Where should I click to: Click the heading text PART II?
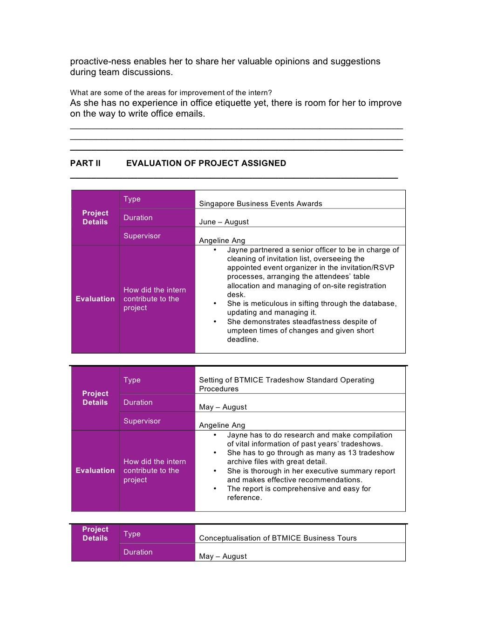[x=85, y=163]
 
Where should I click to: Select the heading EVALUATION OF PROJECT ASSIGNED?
[x=206, y=163]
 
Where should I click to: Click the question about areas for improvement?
[x=171, y=92]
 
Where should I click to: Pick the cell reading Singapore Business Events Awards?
[x=260, y=204]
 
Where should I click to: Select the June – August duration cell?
[x=224, y=222]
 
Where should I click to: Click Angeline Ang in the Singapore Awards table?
[x=222, y=241]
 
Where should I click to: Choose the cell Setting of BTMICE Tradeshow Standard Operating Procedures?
[x=286, y=384]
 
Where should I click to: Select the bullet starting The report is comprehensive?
[x=299, y=493]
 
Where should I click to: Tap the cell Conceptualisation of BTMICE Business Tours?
[x=278, y=538]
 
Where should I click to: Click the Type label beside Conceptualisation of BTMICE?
[x=132, y=534]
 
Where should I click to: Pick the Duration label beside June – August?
[x=138, y=218]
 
